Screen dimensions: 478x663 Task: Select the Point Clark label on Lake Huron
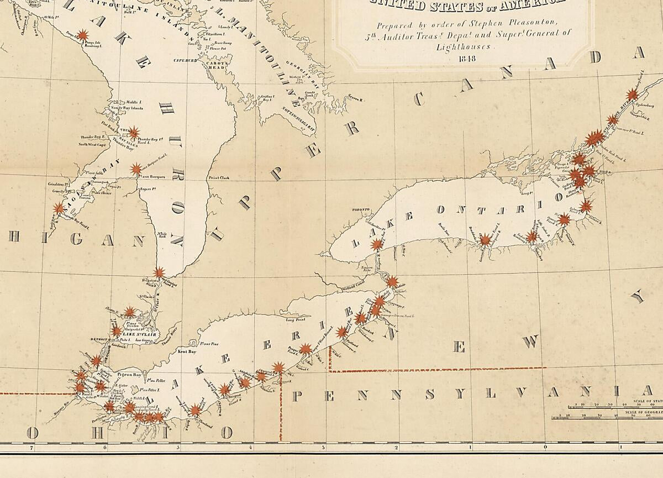pos(219,178)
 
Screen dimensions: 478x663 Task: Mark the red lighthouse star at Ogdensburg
pos(632,95)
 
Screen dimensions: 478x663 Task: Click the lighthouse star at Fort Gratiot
pos(159,272)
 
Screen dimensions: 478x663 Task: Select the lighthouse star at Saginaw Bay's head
pos(59,208)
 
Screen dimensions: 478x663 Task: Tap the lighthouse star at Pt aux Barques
pos(135,169)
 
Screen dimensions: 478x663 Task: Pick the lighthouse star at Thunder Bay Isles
pos(134,133)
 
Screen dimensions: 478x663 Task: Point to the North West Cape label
pos(92,144)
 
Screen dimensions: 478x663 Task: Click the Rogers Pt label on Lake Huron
pos(145,189)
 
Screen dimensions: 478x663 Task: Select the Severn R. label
pos(354,99)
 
